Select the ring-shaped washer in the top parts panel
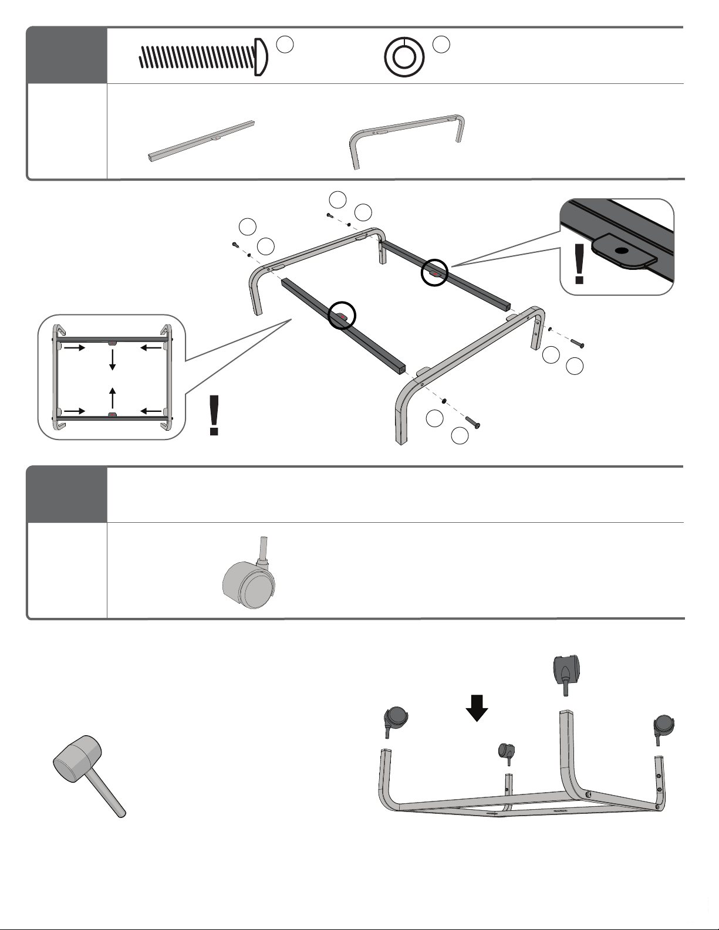[x=404, y=57]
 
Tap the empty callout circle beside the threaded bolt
[x=285, y=45]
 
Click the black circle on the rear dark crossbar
[x=435, y=273]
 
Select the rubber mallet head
[x=77, y=757]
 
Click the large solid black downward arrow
[x=477, y=707]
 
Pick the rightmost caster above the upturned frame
[x=663, y=728]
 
